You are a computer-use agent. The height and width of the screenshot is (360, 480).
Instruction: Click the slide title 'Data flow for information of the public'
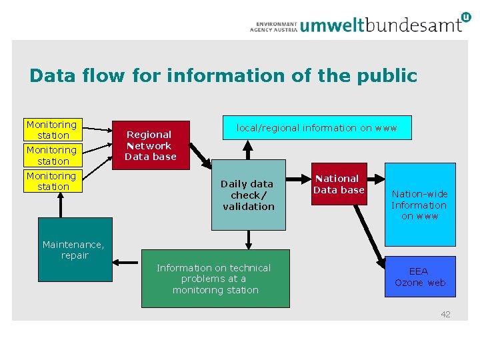tap(223, 76)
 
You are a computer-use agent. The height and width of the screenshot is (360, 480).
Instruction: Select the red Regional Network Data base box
tap(151, 145)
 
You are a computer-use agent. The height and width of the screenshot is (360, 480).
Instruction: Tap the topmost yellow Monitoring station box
tap(51, 130)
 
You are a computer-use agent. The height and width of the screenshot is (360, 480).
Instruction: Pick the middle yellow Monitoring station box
tap(51, 156)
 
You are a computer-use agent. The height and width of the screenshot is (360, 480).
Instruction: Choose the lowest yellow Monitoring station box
tap(51, 181)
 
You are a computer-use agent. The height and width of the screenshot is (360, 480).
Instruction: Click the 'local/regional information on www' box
tap(317, 127)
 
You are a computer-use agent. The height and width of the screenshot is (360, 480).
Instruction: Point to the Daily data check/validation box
tap(248, 195)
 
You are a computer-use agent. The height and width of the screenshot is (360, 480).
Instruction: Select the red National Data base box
tap(339, 184)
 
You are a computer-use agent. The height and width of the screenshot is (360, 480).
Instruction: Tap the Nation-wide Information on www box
tap(420, 205)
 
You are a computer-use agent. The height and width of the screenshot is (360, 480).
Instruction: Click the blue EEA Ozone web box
tap(420, 277)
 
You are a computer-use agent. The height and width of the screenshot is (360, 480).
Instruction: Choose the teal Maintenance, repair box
tap(74, 249)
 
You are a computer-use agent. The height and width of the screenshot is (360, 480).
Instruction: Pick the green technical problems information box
tap(215, 279)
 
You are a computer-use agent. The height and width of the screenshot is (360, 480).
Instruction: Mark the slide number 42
tap(445, 314)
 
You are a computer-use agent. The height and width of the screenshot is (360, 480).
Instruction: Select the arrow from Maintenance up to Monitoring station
tap(61, 205)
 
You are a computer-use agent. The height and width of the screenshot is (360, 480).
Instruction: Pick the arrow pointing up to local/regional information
tap(248, 149)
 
